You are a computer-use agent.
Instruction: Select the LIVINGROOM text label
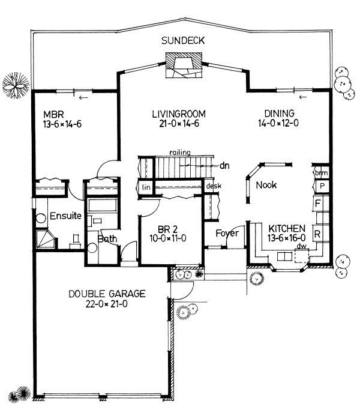(x=179, y=113)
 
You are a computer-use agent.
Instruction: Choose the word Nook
(x=266, y=185)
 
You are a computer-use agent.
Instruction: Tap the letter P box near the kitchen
(x=322, y=187)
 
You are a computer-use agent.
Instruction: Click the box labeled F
(x=318, y=204)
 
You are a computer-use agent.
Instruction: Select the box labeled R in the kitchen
(x=318, y=232)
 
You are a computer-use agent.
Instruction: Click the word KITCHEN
(x=287, y=229)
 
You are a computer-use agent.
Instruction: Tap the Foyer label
(x=227, y=232)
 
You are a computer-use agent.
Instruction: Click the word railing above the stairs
(x=179, y=153)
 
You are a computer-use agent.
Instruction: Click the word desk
(x=214, y=186)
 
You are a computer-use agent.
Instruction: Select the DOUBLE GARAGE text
(x=107, y=294)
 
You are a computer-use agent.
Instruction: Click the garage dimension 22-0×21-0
(x=107, y=304)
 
